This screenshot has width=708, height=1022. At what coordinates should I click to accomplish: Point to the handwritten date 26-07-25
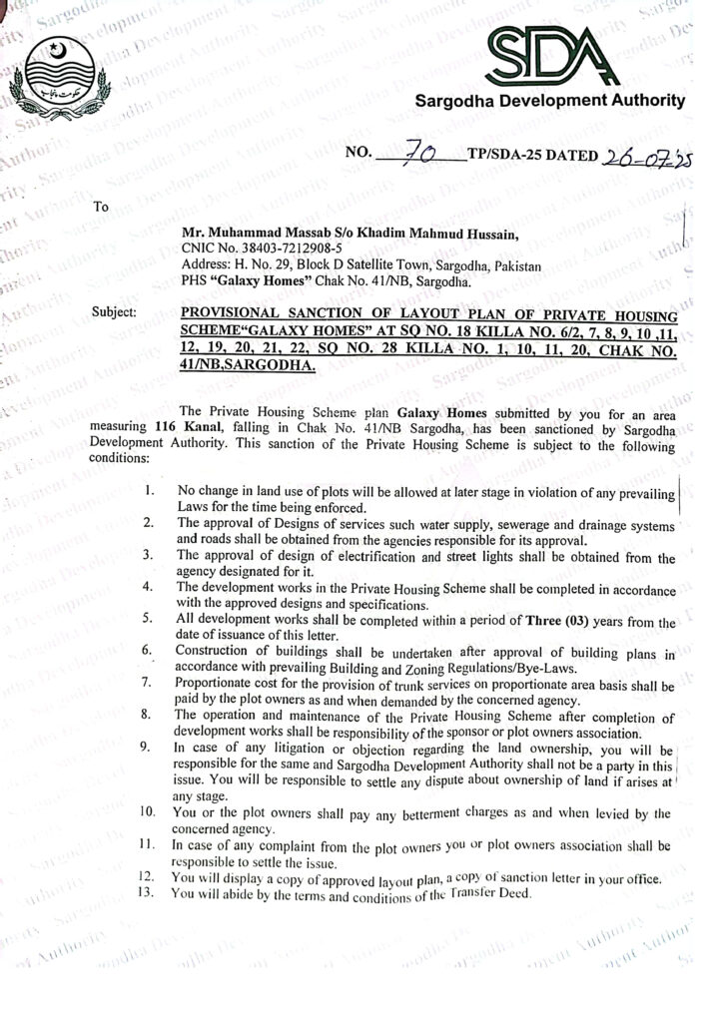643,157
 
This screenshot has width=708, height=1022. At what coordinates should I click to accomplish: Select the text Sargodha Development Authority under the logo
550,101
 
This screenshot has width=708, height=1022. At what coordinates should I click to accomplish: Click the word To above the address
100,209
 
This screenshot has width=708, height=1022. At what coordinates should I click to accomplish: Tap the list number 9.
147,746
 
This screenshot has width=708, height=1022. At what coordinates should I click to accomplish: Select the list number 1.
148,491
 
